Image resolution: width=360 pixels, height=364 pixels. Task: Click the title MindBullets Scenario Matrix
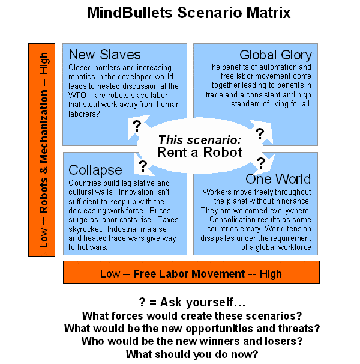coord(188,13)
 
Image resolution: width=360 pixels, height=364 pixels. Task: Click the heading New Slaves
coord(104,55)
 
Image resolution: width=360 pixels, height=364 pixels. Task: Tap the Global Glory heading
coord(275,55)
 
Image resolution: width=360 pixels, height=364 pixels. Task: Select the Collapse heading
coord(95,170)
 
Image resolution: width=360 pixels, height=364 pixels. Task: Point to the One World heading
coord(278,179)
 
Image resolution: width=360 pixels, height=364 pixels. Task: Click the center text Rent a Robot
coord(199,153)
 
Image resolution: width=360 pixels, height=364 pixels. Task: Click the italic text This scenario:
coord(199,140)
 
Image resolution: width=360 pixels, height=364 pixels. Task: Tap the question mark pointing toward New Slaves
coord(137,126)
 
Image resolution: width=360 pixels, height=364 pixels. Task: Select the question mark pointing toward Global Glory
coord(260,133)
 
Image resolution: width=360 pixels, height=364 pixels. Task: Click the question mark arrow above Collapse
coord(143,166)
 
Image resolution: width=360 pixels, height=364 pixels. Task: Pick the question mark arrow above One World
coord(261,163)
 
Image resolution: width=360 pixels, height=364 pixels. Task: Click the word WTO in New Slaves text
coord(77,95)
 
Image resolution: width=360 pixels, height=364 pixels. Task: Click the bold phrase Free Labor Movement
coord(189,274)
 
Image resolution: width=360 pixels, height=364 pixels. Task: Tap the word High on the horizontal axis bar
coord(271,274)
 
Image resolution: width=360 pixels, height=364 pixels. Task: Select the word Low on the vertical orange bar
coord(44,238)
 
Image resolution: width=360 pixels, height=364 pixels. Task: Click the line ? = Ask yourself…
coord(192,302)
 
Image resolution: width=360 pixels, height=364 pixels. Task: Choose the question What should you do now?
coord(192,354)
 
